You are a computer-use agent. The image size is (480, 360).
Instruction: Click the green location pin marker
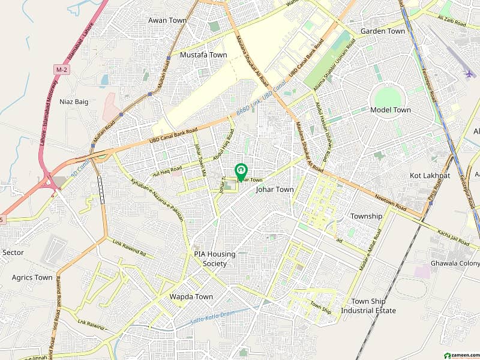click(241, 171)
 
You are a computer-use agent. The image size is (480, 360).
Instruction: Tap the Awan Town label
click(167, 20)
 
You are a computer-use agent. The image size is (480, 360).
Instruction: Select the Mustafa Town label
click(203, 55)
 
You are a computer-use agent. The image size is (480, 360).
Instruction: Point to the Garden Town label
click(383, 31)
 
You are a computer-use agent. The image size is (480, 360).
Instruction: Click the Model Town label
click(391, 110)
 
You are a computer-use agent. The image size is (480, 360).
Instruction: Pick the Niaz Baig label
click(74, 101)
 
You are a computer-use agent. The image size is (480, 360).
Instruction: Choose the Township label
click(366, 216)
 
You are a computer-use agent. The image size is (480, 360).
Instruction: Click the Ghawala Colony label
click(455, 263)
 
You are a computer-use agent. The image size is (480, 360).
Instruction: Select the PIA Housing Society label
click(214, 259)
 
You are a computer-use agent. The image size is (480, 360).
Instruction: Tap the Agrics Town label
click(32, 277)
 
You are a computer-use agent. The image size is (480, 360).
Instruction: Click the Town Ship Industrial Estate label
click(368, 306)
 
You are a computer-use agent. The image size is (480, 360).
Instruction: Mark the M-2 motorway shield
click(60, 71)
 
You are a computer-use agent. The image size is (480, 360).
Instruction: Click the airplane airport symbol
click(469, 74)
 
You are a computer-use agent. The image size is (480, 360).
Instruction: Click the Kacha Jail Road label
click(453, 237)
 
